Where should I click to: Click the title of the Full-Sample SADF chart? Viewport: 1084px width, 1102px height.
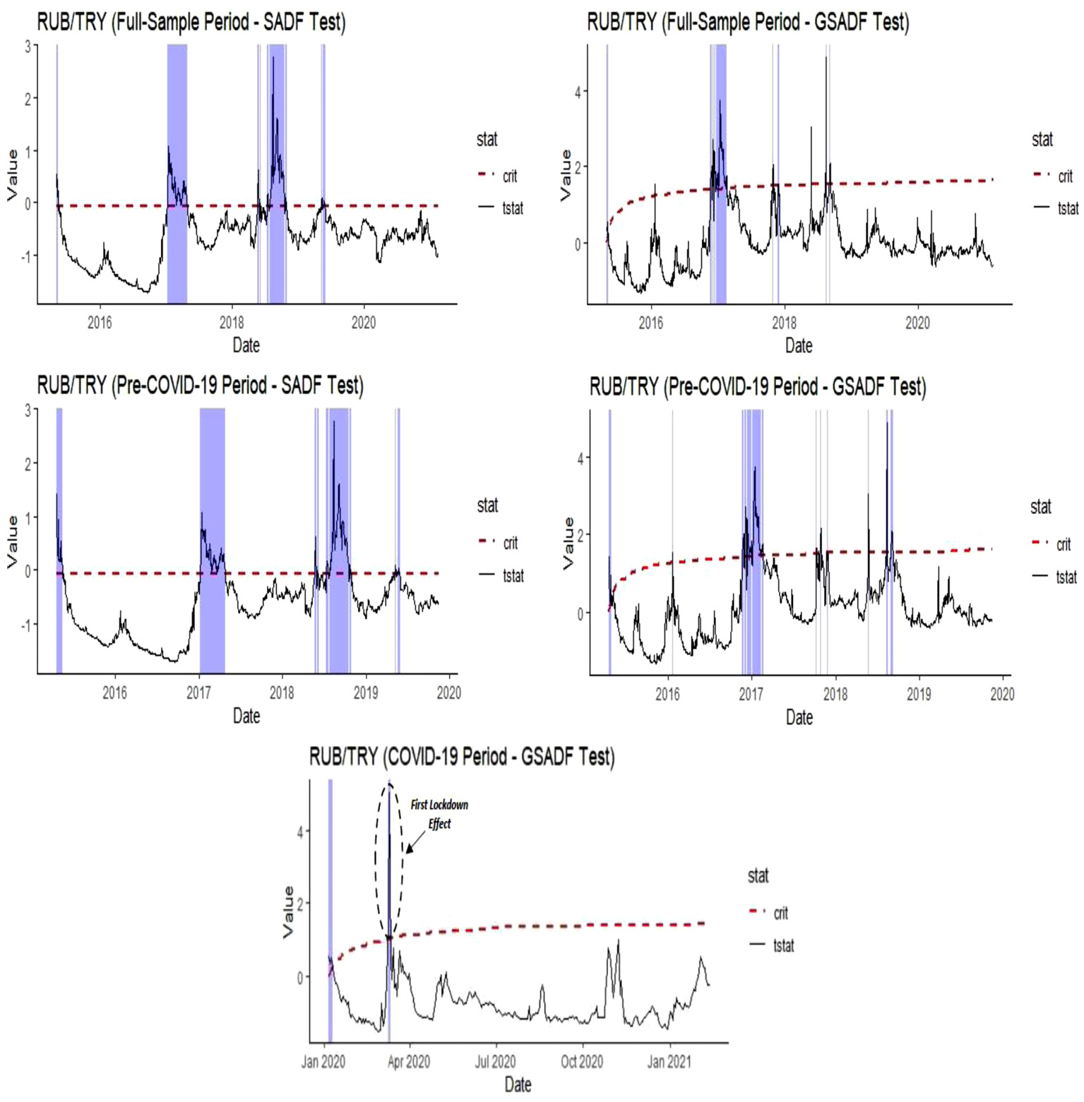click(x=191, y=23)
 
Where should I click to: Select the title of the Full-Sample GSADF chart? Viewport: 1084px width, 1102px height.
click(x=748, y=23)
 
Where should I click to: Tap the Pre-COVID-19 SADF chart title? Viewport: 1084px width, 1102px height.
click(x=200, y=386)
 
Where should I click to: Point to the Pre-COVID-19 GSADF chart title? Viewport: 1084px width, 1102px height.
click(x=757, y=387)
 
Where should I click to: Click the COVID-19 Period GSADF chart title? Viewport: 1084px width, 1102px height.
click(x=462, y=757)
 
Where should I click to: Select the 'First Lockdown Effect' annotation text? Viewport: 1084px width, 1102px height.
click(x=439, y=814)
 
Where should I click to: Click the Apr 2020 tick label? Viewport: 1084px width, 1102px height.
click(x=409, y=1062)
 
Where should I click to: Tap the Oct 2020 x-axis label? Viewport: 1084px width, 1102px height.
click(x=582, y=1062)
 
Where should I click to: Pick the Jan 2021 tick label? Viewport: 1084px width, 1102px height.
click(x=669, y=1062)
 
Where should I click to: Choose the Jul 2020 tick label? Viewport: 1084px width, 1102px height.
click(x=495, y=1062)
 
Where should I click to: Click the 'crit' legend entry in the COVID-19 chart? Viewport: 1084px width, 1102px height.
click(x=780, y=913)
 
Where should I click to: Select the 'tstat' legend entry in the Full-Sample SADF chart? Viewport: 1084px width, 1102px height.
click(x=513, y=208)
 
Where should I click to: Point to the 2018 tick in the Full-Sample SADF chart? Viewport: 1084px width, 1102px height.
click(x=232, y=323)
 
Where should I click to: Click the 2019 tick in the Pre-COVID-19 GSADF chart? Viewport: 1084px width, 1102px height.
click(x=919, y=694)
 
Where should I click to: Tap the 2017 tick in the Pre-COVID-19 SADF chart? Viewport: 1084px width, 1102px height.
click(x=198, y=693)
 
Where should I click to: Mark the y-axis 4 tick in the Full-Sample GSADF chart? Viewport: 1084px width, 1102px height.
click(x=578, y=92)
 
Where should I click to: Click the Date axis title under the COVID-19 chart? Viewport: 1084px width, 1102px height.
click(x=518, y=1085)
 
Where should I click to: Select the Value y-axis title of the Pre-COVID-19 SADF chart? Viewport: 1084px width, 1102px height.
click(x=12, y=541)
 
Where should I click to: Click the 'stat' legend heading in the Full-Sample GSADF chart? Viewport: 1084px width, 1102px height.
click(x=1042, y=140)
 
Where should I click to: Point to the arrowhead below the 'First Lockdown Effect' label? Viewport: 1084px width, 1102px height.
click(x=410, y=849)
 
